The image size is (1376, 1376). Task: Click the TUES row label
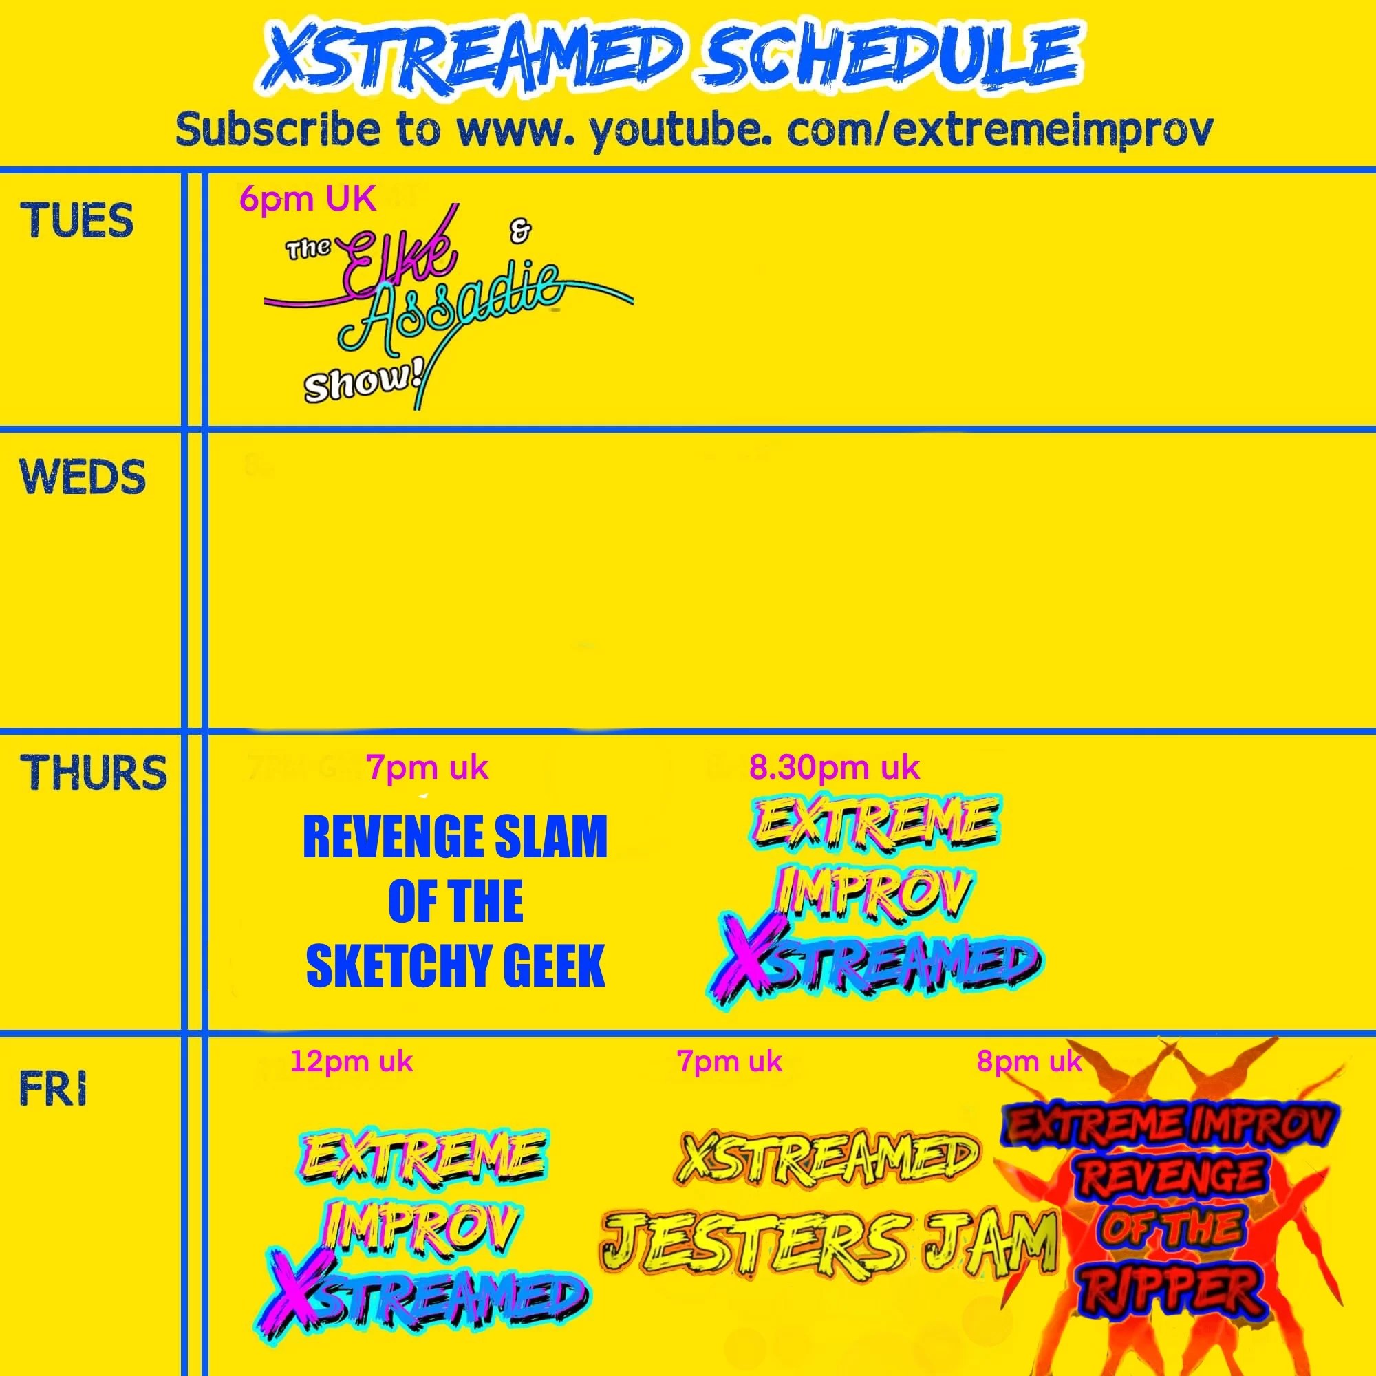click(77, 220)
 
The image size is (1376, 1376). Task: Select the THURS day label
click(94, 772)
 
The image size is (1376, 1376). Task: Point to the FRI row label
click(54, 1090)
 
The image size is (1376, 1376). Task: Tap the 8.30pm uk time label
click(834, 768)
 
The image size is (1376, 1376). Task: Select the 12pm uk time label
click(351, 1062)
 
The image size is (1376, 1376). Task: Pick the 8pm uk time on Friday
click(1029, 1062)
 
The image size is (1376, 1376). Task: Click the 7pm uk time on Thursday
click(427, 768)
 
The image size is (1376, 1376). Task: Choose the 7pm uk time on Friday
click(729, 1062)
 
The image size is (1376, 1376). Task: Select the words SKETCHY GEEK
click(456, 965)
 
